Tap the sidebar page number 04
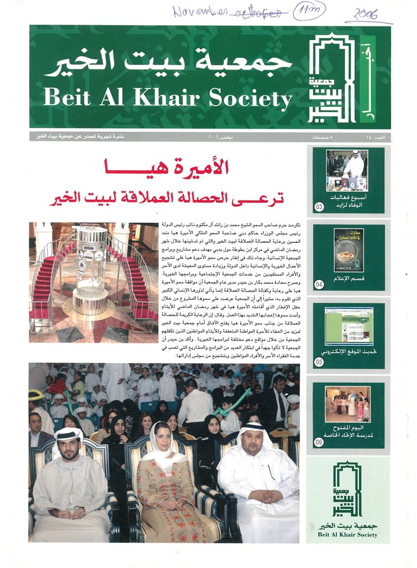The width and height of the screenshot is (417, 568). [x=319, y=283]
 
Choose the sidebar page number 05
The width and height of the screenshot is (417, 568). [x=319, y=362]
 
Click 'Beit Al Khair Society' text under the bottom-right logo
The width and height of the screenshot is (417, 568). [x=347, y=535]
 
